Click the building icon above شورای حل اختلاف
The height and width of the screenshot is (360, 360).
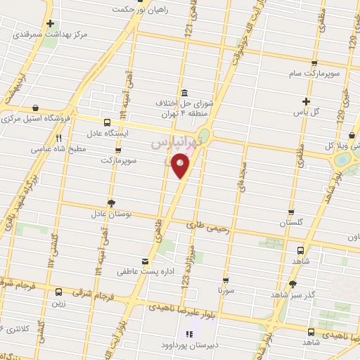(x=184, y=94)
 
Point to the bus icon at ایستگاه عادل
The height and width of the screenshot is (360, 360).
(x=106, y=121)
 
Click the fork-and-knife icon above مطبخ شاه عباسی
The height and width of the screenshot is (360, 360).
(x=59, y=138)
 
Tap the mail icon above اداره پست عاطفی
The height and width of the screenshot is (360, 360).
(x=145, y=261)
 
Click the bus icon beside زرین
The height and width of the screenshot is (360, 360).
(x=58, y=292)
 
